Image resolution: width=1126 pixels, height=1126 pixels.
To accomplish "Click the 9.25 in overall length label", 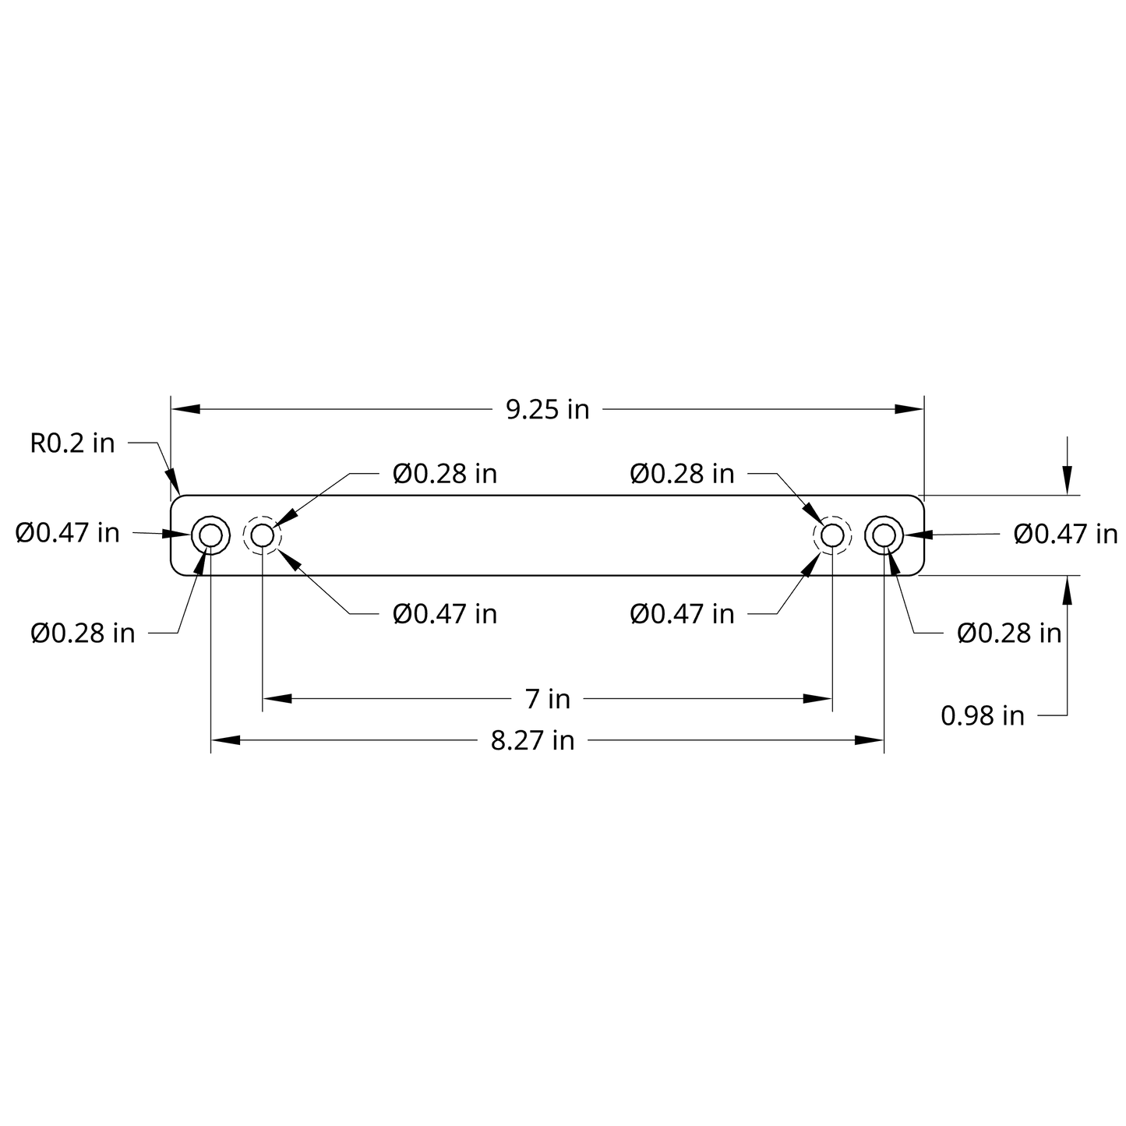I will point(547,409).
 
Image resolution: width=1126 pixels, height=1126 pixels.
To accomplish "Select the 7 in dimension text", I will point(547,699).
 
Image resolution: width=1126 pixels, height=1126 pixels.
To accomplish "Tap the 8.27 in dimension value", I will point(532,739).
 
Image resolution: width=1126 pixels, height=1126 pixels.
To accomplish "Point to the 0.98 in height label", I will point(982,715).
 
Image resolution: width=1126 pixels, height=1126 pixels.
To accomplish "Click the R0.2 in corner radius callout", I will point(72,443).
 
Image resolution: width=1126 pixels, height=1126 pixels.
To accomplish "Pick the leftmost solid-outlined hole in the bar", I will point(210,535).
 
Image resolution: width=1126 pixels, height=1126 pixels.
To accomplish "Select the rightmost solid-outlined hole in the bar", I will point(884,535).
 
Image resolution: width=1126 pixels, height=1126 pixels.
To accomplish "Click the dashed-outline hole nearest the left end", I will point(263,535).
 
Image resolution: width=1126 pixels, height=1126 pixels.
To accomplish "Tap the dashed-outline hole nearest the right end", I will point(831,535).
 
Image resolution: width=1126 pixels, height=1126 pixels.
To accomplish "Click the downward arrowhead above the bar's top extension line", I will point(1067,480).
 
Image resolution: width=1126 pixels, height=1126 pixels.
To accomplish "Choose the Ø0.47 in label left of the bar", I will point(68,533).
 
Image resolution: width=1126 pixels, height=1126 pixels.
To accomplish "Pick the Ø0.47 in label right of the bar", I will point(1065,534).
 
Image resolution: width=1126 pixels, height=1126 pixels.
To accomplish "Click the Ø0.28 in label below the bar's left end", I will point(83,634).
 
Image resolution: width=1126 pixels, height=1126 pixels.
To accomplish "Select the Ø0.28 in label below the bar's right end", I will point(1009,634).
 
